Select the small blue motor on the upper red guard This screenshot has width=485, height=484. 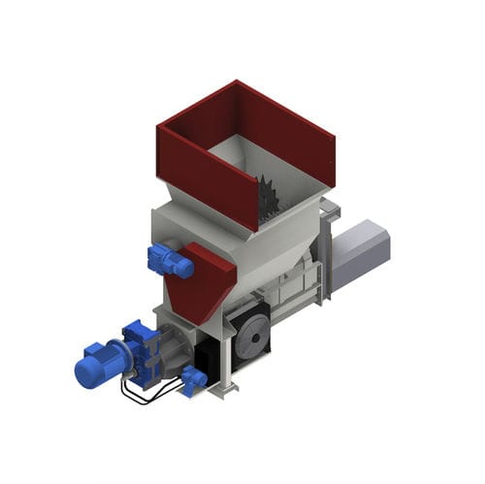pos(168,261)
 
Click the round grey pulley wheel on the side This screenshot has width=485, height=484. pos(249,336)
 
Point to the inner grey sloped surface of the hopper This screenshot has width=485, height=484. pos(233,160)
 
